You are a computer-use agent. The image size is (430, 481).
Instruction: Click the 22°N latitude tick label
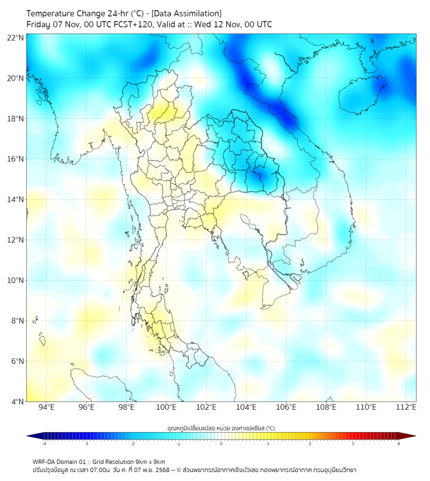(x=15, y=38)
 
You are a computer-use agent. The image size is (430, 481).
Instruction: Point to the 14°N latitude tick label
(x=15, y=200)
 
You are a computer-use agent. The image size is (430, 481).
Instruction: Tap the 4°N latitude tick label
(x=17, y=401)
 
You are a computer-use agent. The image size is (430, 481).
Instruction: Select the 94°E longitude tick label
(x=46, y=407)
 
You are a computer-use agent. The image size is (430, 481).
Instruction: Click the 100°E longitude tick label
(x=166, y=407)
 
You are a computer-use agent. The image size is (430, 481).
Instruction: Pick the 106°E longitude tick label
(x=286, y=407)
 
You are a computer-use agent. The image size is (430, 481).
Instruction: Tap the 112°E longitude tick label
(x=406, y=407)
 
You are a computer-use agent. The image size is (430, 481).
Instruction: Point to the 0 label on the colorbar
(x=221, y=443)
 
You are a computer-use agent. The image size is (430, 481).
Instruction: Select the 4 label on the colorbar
(x=399, y=443)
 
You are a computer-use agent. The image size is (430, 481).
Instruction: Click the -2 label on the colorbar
(x=132, y=443)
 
